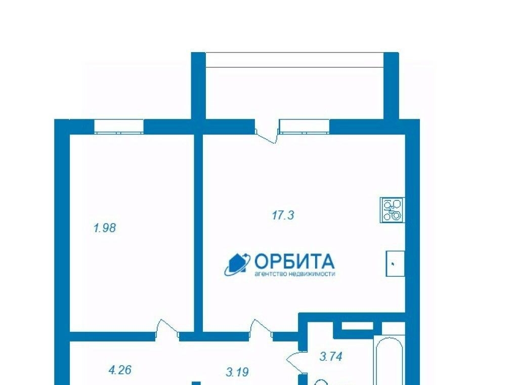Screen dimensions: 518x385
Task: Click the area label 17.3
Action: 283,216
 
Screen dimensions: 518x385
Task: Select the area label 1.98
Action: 105,228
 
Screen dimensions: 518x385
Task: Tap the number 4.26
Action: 120,370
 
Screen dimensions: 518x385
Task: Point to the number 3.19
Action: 237,372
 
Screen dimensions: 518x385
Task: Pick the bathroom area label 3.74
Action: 331,357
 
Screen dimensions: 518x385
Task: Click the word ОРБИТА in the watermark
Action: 294,262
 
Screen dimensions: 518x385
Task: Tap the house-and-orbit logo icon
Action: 237,265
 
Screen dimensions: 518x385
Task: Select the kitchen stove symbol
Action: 393,210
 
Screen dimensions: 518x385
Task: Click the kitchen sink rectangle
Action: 395,264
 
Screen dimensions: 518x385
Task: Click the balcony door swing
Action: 267,136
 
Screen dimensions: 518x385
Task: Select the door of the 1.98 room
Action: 167,329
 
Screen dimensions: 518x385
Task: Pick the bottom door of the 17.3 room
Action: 261,329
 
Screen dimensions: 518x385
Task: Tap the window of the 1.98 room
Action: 119,127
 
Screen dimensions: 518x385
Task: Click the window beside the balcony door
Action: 304,127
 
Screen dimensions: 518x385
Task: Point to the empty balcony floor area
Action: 294,93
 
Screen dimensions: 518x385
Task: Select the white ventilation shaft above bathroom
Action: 357,326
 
